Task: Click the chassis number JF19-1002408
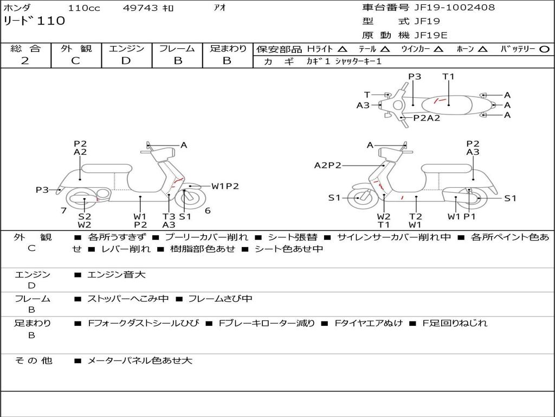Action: pos(447,8)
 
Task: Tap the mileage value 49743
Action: pos(139,8)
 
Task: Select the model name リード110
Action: pos(34,21)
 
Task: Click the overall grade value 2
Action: pos(25,61)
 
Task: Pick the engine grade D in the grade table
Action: pos(126,61)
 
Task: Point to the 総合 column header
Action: pos(25,49)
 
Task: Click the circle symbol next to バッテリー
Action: pos(544,49)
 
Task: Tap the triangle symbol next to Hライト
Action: pos(342,49)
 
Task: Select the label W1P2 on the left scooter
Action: pos(225,186)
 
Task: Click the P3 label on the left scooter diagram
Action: pos(42,189)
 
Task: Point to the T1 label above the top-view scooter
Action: pos(448,77)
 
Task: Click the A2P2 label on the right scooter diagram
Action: pos(328,166)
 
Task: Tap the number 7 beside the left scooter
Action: pos(63,210)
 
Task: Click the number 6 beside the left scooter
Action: pos(208,210)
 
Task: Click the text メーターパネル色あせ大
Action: pos(140,360)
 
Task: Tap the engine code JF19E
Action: pos(431,35)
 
